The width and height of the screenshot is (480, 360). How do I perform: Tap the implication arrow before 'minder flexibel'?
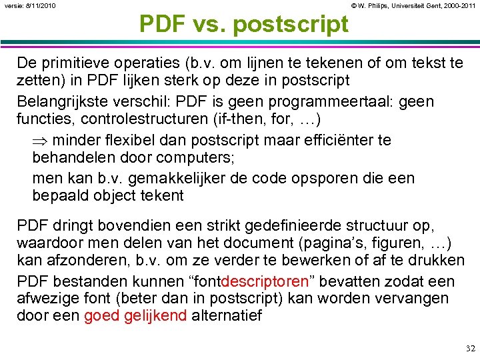tap(39, 141)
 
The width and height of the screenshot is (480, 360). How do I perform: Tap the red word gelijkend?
tap(155, 316)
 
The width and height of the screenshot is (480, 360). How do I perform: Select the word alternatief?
tap(227, 316)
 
